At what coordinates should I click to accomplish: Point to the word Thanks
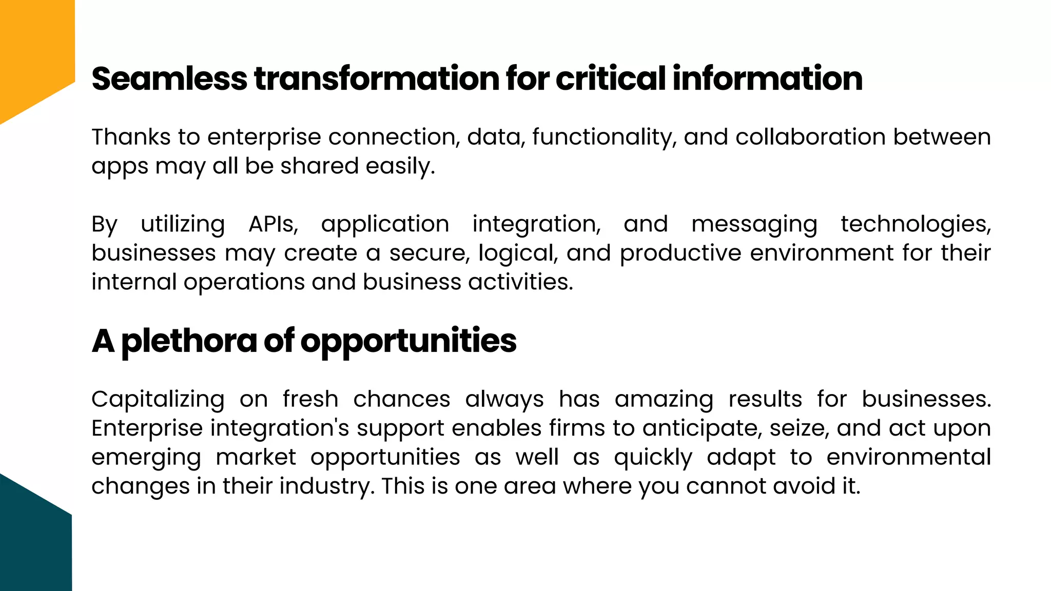[x=131, y=137]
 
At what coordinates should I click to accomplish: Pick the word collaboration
[x=810, y=137]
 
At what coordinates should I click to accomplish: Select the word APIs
[x=273, y=224]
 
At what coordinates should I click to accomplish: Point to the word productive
[x=680, y=253]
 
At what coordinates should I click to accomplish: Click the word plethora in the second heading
[x=189, y=341]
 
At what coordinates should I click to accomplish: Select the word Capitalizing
[x=158, y=400]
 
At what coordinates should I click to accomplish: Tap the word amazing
[x=664, y=400]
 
